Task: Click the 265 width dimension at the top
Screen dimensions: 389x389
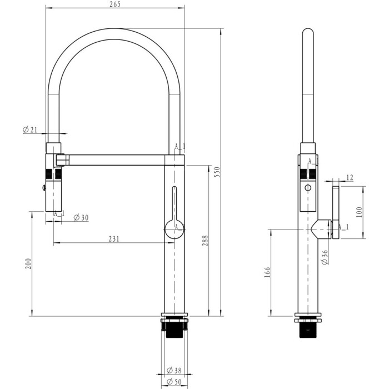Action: (x=114, y=4)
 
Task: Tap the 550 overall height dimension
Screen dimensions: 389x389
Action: (x=217, y=172)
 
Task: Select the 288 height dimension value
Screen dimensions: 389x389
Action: (x=205, y=241)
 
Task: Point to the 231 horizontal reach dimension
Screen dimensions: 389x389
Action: (x=114, y=238)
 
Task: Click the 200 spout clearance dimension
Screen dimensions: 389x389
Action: (x=28, y=264)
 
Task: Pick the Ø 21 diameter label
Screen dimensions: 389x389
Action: (x=30, y=129)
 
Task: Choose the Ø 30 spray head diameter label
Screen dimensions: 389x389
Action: (x=81, y=218)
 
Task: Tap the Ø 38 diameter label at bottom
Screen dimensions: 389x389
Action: (x=174, y=371)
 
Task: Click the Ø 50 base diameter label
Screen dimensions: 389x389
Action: (x=174, y=382)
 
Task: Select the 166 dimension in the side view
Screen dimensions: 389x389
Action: (x=267, y=272)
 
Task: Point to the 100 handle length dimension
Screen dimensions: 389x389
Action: (x=359, y=212)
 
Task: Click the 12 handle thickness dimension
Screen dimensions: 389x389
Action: (x=350, y=178)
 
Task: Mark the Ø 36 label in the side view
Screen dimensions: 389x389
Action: (x=325, y=257)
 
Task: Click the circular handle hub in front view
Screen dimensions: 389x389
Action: (x=174, y=229)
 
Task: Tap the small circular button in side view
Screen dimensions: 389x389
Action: (x=308, y=188)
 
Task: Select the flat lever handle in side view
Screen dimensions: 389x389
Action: (x=336, y=212)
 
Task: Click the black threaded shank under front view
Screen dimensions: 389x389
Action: (x=174, y=330)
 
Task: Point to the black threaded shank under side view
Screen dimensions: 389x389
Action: (x=308, y=330)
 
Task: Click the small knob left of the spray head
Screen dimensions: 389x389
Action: (x=44, y=188)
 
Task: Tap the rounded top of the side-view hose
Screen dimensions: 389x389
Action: (x=308, y=32)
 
